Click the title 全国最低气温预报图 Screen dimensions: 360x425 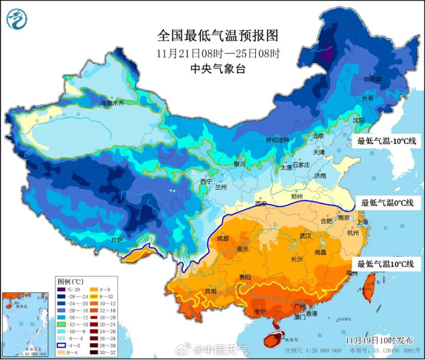coord(217,35)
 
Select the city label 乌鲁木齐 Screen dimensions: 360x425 coord(111,103)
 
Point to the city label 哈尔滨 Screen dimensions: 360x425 coord(372,79)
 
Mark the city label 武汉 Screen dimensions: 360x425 coord(306,236)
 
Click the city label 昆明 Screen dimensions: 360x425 coord(210,291)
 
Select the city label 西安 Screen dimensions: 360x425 coord(261,204)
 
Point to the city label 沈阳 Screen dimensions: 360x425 coord(359,120)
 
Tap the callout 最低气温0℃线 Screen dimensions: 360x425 coord(387,203)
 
